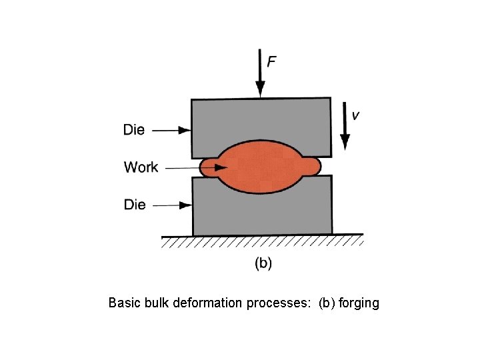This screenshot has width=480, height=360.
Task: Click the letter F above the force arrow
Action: pyautogui.click(x=272, y=62)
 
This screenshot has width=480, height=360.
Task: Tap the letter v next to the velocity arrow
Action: pyautogui.click(x=356, y=115)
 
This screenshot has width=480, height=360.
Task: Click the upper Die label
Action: pyautogui.click(x=134, y=130)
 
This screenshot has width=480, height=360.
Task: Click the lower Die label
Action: pyautogui.click(x=135, y=205)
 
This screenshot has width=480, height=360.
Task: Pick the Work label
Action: pyautogui.click(x=141, y=167)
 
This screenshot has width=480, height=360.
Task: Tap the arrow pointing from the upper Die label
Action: pyautogui.click(x=171, y=131)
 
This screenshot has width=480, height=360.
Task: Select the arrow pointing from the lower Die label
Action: pyautogui.click(x=172, y=205)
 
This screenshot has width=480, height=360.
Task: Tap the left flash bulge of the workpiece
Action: pyautogui.click(x=207, y=167)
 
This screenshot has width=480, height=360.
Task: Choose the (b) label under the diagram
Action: pyautogui.click(x=263, y=263)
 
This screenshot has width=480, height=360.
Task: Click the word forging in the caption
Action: pyautogui.click(x=359, y=303)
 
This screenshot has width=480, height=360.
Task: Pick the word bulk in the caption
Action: pyautogui.click(x=155, y=303)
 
